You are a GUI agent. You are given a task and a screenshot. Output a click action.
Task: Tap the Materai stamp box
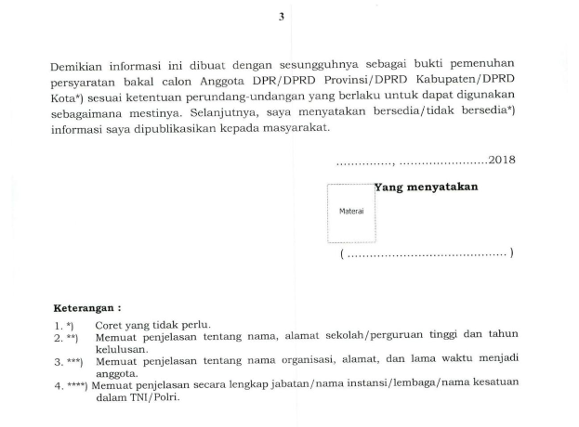coord(349,211)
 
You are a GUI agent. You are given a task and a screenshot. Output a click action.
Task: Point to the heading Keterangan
coord(86,307)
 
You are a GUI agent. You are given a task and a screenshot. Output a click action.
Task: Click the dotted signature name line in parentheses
coord(427,253)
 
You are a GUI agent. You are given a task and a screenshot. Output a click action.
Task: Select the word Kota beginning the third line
coord(66,96)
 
